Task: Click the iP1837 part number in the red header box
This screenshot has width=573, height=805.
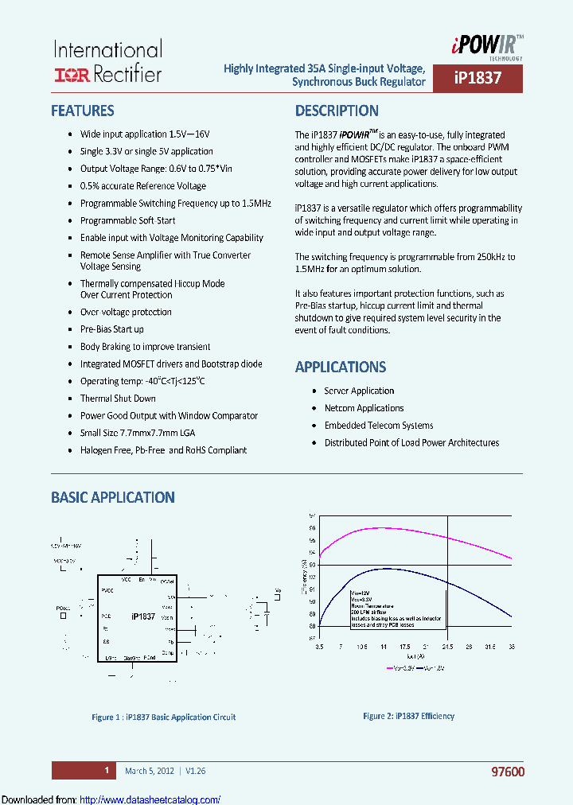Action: pyautogui.click(x=477, y=79)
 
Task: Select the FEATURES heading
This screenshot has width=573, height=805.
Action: pyautogui.click(x=83, y=111)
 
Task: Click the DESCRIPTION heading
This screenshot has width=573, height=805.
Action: pyautogui.click(x=337, y=111)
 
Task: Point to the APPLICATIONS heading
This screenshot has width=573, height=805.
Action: pyautogui.click(x=341, y=367)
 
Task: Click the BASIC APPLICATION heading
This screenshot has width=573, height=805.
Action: pyautogui.click(x=112, y=497)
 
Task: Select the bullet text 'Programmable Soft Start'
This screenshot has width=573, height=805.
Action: pyautogui.click(x=127, y=220)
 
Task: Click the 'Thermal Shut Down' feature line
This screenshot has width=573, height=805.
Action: pyautogui.click(x=118, y=399)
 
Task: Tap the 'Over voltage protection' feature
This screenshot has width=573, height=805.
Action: pyautogui.click(x=126, y=312)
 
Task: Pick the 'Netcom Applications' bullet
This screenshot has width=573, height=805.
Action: pyautogui.click(x=364, y=408)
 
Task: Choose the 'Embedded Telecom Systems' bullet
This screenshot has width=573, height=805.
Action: pyautogui.click(x=379, y=426)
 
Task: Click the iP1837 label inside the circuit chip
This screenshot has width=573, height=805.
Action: pyautogui.click(x=142, y=616)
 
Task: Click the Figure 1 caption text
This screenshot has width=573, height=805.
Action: pyautogui.click(x=164, y=717)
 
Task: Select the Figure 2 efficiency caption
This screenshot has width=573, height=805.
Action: pyautogui.click(x=408, y=716)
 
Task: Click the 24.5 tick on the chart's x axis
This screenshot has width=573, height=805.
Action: pyautogui.click(x=448, y=647)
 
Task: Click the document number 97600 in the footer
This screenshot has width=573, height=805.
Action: pyautogui.click(x=508, y=772)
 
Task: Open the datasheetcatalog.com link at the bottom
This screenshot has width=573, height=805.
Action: pyautogui.click(x=150, y=799)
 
